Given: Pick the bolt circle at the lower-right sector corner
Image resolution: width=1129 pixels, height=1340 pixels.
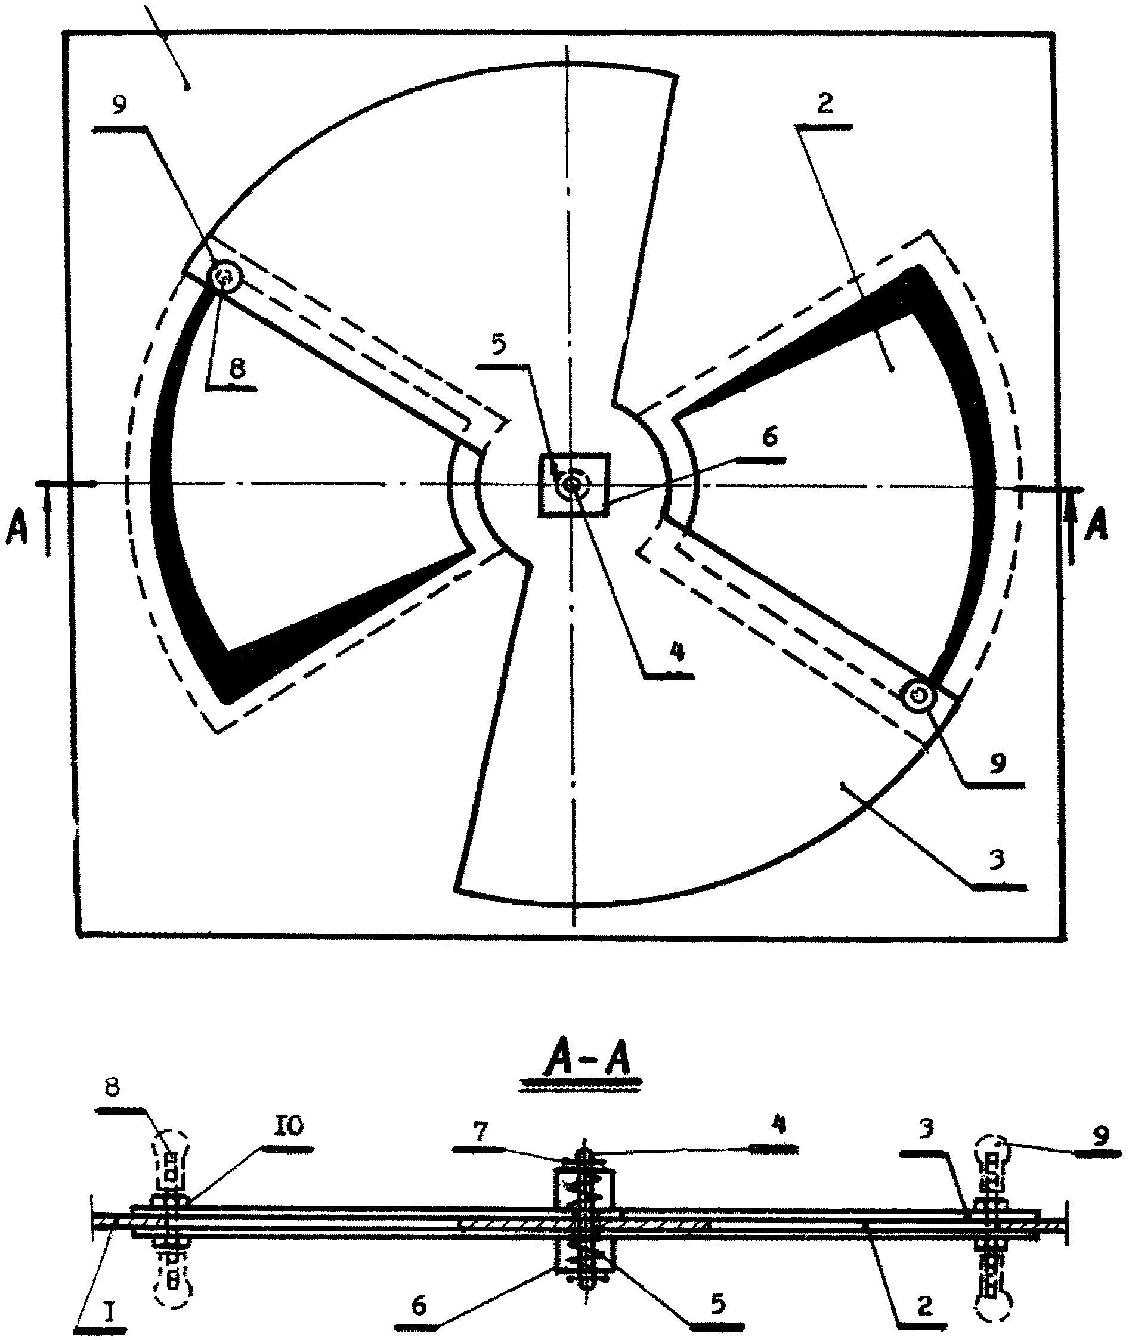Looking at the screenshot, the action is coord(920,695).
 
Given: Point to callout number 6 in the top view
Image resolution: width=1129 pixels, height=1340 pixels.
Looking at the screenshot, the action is coord(769,438).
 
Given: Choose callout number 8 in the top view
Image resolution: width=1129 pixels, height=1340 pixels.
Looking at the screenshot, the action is coord(237,370).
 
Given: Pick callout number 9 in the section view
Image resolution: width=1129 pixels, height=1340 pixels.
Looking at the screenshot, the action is coord(1100,1135).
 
